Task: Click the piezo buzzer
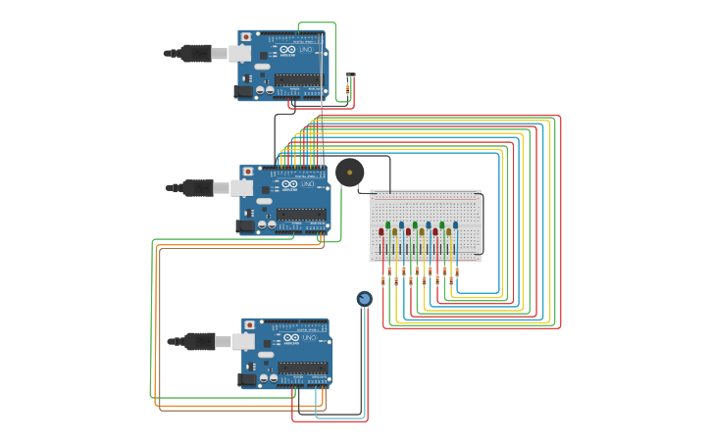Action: point(349,173)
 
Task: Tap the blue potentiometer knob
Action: point(364,299)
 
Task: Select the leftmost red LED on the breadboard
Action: point(381,232)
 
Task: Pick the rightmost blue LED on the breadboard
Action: point(455,225)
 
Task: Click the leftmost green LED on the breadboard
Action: point(388,225)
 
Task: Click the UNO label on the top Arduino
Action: point(306,50)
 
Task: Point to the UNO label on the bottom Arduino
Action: point(309,338)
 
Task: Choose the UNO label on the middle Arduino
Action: point(307,184)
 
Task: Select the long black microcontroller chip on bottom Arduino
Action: point(305,369)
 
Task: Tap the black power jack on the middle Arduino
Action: point(245,226)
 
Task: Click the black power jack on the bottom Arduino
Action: point(247,379)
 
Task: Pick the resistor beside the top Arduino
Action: point(347,90)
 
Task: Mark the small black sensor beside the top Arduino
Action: point(350,75)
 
